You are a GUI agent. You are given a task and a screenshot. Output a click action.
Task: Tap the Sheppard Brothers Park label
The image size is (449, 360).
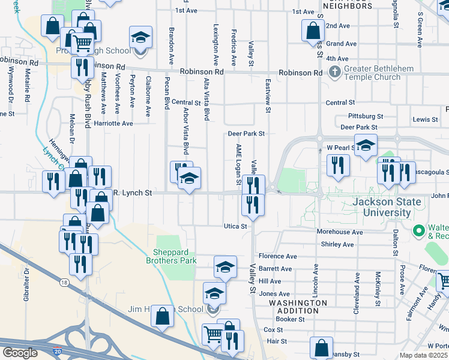(171, 256)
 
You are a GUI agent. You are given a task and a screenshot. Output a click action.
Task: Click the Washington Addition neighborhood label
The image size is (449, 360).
(298, 307)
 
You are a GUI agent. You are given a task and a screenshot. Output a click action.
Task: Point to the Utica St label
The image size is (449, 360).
(236, 227)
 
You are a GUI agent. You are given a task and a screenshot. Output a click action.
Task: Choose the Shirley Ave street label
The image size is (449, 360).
(337, 244)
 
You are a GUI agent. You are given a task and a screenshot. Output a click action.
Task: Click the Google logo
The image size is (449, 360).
(19, 353)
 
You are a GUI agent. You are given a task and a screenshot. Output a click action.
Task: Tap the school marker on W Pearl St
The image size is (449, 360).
(365, 145)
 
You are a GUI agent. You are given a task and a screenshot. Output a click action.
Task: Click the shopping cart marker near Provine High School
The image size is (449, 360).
(82, 42)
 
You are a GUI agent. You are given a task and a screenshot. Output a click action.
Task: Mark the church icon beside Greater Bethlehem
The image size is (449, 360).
(335, 73)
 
